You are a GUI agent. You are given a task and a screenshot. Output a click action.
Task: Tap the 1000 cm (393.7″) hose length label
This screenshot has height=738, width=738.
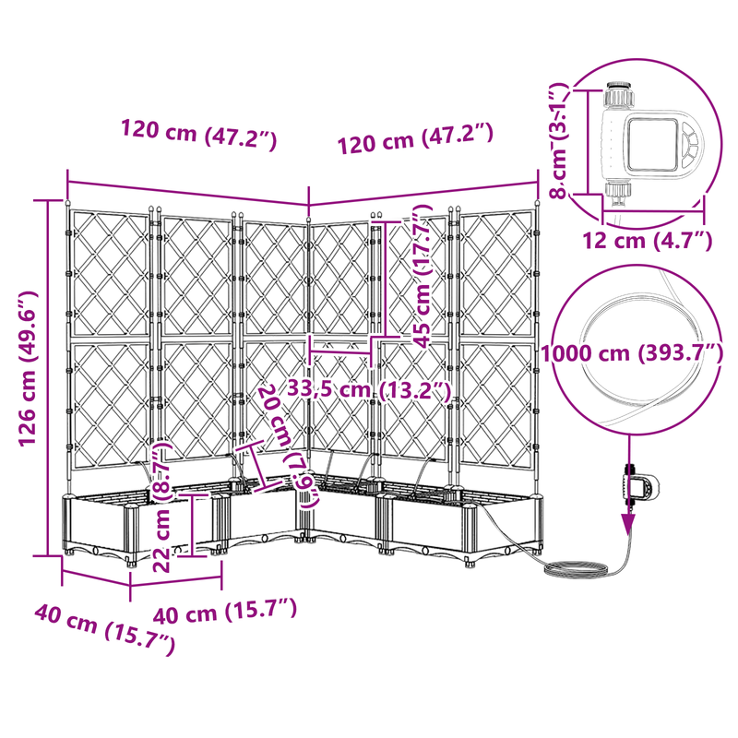[632, 353]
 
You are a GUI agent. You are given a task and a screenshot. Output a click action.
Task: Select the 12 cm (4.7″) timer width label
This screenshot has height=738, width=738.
[648, 241]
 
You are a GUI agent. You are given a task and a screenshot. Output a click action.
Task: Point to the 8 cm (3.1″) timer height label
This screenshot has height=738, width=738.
[560, 141]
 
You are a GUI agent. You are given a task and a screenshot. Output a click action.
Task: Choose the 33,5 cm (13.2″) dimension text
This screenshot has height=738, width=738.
[369, 390]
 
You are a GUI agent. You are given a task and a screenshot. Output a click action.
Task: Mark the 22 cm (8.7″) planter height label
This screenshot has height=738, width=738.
[161, 506]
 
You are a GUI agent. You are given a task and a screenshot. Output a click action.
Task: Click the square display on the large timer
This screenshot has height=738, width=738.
[652, 145]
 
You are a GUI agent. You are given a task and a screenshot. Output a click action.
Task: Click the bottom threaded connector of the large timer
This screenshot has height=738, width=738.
[617, 192]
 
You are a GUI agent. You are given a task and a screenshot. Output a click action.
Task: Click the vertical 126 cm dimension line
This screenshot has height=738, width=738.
[48, 378]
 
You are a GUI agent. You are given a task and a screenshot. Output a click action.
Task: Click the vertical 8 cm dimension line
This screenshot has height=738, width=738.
[589, 142]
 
